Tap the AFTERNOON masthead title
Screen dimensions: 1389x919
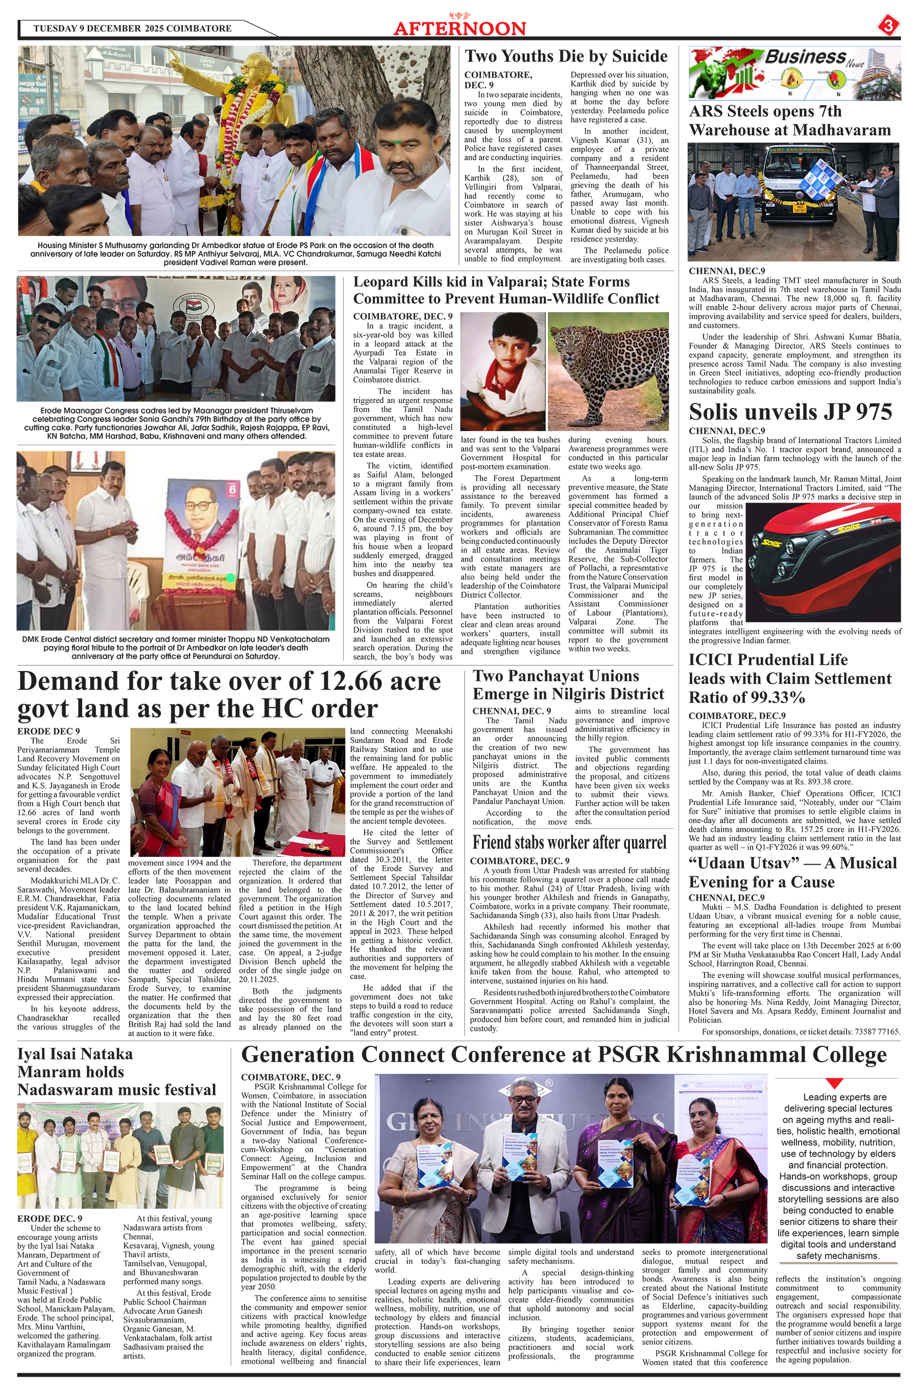[459, 29]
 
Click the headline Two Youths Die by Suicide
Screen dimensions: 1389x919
[566, 56]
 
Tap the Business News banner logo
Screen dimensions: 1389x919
[794, 73]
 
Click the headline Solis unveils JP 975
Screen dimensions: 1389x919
[790, 412]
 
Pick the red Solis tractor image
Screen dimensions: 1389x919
[824, 563]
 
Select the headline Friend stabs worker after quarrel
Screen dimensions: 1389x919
[569, 842]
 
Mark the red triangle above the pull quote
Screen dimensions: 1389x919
[834, 1083]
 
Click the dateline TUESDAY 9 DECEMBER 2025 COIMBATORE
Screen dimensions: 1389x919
[132, 28]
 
